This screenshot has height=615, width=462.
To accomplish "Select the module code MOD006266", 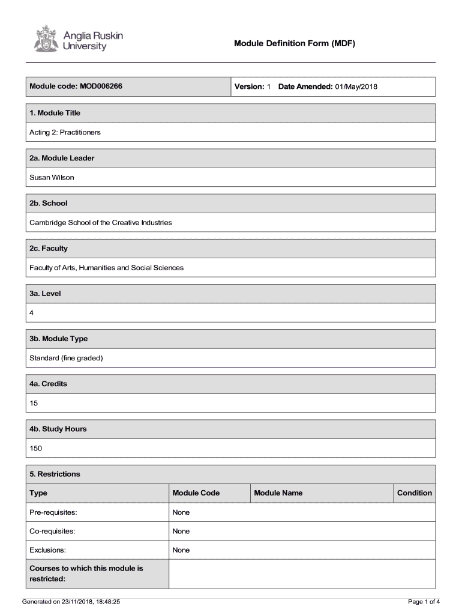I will coord(100,86).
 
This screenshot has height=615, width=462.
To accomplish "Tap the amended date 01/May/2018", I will coord(356,86).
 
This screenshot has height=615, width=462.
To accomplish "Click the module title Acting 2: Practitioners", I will coord(65,132).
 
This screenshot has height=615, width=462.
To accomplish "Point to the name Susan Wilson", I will coord(52,177).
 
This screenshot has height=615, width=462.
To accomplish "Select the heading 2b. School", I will coord(49,203).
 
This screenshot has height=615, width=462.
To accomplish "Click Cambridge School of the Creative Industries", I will coord(101,222).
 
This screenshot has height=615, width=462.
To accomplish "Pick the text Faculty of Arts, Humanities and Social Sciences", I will coord(107,267).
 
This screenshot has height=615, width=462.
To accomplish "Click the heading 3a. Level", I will coord(46,294).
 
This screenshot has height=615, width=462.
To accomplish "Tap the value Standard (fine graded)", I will coord(67,358).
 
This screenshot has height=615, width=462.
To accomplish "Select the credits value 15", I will coord(34,403).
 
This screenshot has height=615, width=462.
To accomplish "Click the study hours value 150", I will coord(36,448).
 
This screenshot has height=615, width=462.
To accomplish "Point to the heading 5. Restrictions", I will coord(55,474).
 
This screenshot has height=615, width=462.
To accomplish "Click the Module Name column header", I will coord(278,493).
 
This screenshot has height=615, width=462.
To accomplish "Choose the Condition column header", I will coord(414,493).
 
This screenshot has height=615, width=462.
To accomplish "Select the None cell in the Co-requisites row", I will coord(181,531).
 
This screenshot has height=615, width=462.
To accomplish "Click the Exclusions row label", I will coord(48,550).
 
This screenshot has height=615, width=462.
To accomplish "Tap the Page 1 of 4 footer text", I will coord(424,601).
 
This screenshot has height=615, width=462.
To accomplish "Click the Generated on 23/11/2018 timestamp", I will coord(71,601).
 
